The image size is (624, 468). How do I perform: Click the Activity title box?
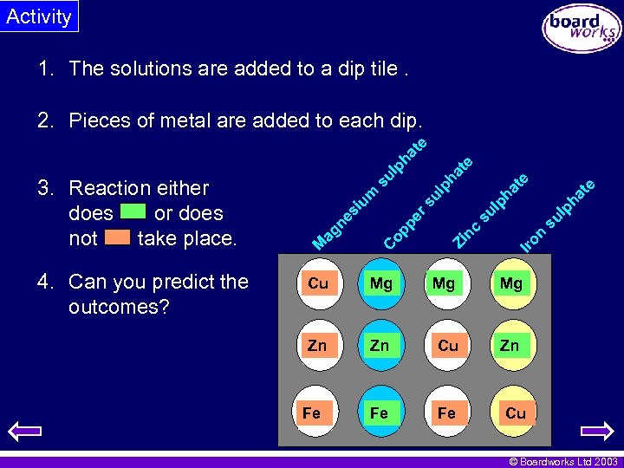[39, 16]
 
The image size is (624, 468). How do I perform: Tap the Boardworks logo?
[582, 29]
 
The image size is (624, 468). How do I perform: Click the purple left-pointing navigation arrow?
[24, 431]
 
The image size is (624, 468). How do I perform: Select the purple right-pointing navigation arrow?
[597, 431]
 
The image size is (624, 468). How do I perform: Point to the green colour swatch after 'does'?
[133, 211]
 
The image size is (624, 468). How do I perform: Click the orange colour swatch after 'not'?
[117, 237]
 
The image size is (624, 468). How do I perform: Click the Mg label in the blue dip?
[381, 283]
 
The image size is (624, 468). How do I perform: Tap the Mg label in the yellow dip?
[511, 283]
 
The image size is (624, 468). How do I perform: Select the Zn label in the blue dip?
[380, 346]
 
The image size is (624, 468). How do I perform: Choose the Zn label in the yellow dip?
[510, 346]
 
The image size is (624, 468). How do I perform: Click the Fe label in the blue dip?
[380, 413]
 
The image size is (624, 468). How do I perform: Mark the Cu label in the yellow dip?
[516, 413]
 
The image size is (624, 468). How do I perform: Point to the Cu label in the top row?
[318, 283]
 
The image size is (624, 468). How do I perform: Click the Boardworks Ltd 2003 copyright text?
[562, 461]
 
